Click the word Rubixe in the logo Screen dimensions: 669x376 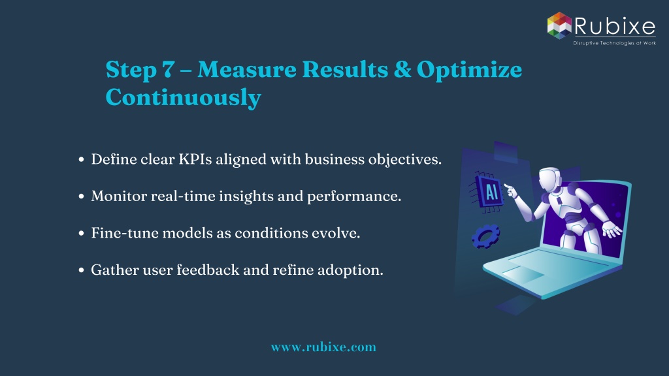[x=615, y=26]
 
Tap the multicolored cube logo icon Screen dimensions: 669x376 [x=559, y=25]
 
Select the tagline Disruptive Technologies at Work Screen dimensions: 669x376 [x=614, y=43]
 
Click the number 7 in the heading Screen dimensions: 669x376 [x=167, y=69]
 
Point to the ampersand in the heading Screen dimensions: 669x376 [x=402, y=69]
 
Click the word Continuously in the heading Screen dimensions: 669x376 [x=183, y=98]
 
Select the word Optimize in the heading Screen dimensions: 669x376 [x=469, y=70]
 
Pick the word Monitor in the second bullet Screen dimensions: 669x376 [x=119, y=196]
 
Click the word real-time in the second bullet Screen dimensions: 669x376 [x=183, y=196]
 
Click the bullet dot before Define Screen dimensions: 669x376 [x=82, y=160]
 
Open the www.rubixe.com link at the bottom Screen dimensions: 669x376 [x=323, y=347]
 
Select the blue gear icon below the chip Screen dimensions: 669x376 [x=485, y=236]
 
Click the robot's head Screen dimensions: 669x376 [x=550, y=180]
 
